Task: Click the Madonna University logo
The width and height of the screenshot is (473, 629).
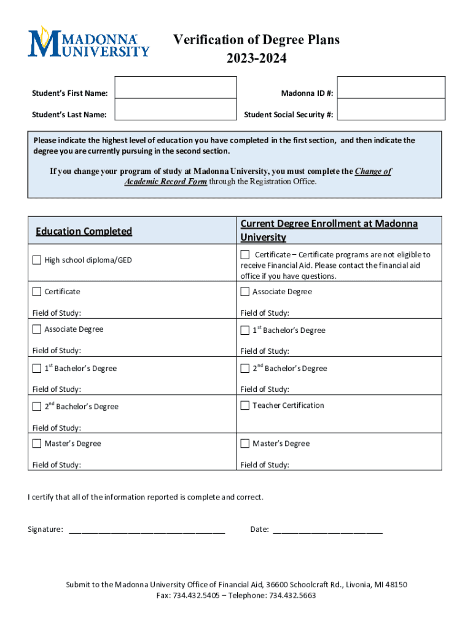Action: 88,42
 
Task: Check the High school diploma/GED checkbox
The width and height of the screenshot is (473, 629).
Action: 37,260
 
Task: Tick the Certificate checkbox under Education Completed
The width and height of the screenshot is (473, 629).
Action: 37,291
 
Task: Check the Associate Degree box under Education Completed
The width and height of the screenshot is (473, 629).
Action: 37,329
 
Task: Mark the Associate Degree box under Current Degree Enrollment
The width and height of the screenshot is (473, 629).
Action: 245,292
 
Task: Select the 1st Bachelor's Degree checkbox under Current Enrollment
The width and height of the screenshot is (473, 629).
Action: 245,330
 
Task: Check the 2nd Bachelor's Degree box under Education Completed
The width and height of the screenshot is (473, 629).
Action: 37,406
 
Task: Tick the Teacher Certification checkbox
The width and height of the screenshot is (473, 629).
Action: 245,405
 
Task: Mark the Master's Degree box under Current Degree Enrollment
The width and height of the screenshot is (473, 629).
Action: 245,443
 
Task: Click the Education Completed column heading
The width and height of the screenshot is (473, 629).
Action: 84,231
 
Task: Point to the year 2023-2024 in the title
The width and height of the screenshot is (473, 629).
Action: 256,59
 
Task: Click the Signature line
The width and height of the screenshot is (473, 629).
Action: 147,529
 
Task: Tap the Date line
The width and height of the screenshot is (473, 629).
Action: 327,529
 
